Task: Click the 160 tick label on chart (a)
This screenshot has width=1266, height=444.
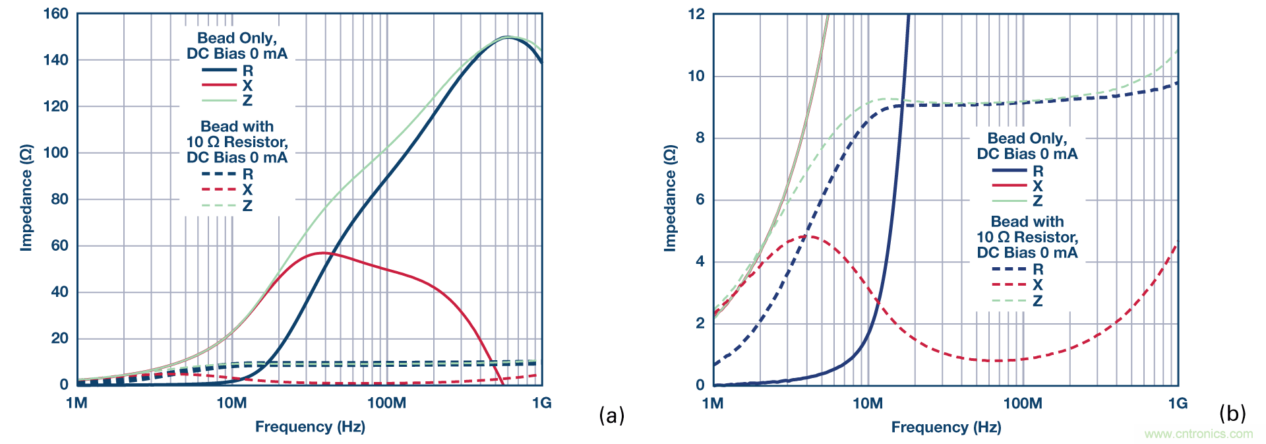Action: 55,14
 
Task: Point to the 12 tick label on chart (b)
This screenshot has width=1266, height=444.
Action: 696,14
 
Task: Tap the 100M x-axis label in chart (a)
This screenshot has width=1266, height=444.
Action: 386,403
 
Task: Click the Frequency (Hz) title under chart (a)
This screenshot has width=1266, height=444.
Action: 310,427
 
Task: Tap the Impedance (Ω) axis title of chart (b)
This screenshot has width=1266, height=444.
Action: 670,199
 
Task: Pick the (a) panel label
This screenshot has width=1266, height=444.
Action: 611,415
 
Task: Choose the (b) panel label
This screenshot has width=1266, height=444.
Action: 1232,414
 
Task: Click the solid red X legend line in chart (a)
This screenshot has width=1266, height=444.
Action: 219,85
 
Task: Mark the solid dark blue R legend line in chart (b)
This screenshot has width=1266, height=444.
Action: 1010,171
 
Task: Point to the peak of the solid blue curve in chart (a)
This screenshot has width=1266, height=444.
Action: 507,38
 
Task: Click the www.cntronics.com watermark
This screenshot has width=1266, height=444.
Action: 1198,433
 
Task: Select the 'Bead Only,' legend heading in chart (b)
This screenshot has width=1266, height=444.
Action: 1027,139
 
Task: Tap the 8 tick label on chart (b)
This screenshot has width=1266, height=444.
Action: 700,138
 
